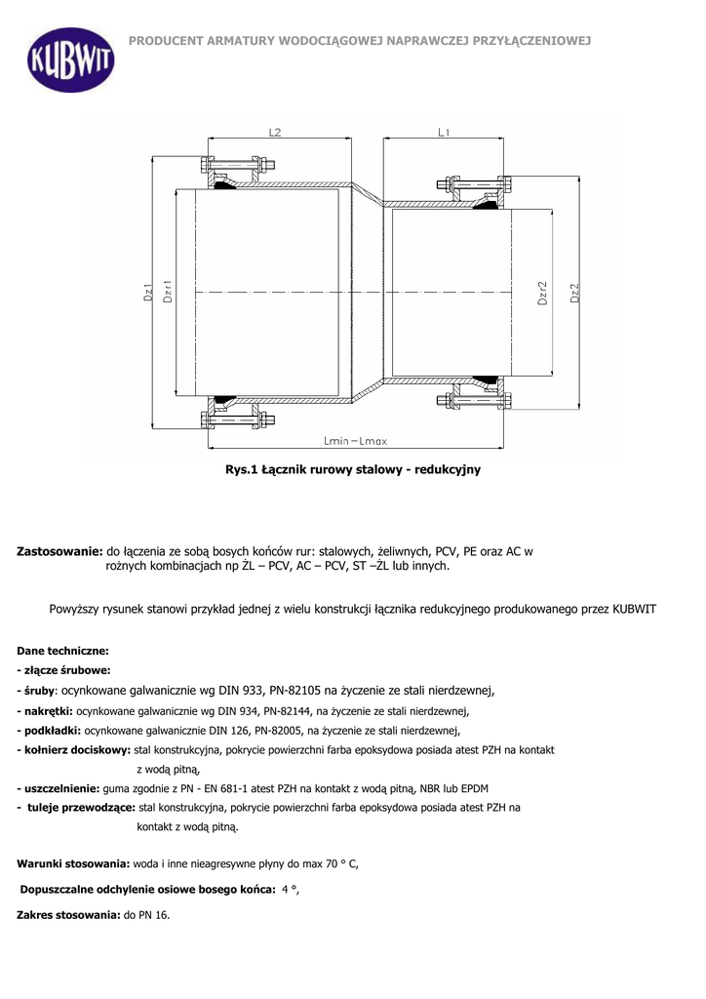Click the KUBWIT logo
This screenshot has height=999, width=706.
pos(69,60)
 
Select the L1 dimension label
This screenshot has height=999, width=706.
pos(444,133)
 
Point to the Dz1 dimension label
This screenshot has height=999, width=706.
pos(147,292)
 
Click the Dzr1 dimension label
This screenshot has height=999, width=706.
pos(167,292)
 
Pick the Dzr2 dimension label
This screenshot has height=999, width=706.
pos(542,293)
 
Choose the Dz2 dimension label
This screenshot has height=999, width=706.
pos(574,293)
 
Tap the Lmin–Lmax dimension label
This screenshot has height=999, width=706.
pos(355,441)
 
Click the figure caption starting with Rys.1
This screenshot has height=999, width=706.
pos(353,469)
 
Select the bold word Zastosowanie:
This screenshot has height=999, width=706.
pos(60,551)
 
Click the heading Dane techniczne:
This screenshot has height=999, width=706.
pos(63,650)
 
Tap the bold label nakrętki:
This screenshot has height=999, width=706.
pos(47,711)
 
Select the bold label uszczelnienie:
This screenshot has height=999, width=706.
pos(59,788)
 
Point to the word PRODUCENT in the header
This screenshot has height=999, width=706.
pos(166,40)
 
